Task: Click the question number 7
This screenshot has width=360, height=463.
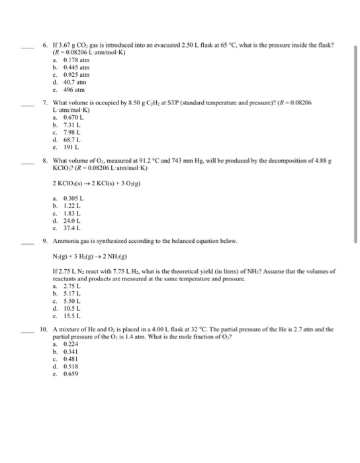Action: point(44,102)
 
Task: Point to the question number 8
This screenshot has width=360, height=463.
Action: point(44,160)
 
